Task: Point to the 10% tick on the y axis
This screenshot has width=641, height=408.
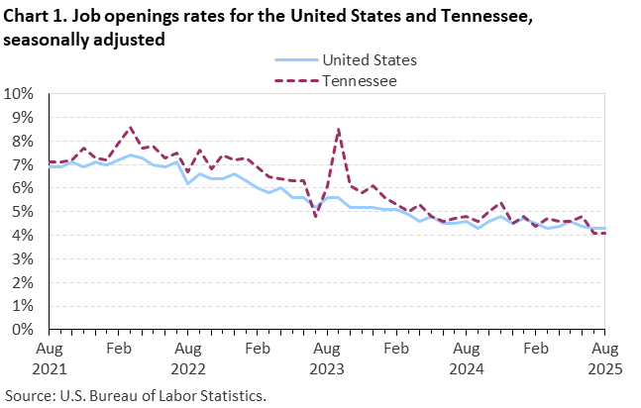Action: point(20,94)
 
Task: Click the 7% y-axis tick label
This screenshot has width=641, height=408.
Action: point(23,164)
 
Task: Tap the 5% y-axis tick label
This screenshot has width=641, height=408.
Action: point(23,212)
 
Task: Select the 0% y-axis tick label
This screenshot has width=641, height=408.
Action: point(23,330)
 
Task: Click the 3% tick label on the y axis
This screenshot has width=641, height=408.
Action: point(23,258)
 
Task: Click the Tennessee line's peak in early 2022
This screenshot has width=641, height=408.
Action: point(130,127)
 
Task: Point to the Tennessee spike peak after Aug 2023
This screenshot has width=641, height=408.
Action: point(339,129)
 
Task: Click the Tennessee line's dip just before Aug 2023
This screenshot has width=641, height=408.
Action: point(316,216)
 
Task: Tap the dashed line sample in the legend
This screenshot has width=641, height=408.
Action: point(293,80)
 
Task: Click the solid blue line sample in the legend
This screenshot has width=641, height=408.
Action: point(293,59)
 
